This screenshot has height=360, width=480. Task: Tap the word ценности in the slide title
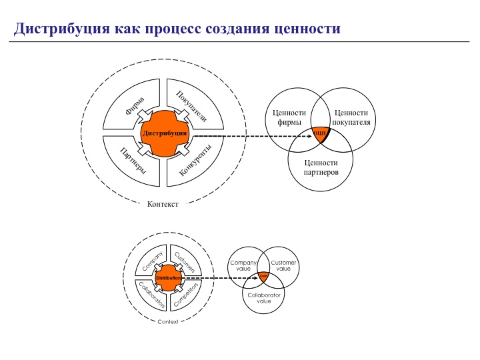[307, 29]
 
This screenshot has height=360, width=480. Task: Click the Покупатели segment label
[191, 105]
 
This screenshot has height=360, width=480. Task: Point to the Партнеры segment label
[133, 161]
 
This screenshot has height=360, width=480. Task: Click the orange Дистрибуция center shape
[164, 133]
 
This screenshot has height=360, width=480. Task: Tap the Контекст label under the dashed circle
[163, 204]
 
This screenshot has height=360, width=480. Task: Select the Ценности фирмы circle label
[289, 117]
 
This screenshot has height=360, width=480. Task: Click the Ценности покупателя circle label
[351, 117]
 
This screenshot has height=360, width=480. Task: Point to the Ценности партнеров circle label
[320, 167]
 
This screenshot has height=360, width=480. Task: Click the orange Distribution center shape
[168, 277]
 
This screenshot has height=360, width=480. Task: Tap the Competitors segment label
[187, 294]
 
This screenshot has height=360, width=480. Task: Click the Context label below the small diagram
[168, 321]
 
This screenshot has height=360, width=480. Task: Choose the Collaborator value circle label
[264, 297]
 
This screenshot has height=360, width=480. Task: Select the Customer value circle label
[283, 265]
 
